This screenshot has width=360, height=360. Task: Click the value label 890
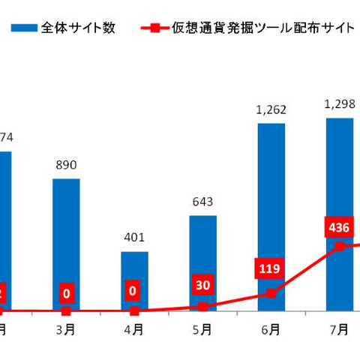(66, 165)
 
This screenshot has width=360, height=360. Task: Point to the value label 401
(134, 238)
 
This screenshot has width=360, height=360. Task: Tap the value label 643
(202, 202)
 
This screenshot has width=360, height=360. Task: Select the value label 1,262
(271, 110)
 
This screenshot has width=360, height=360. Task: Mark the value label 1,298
(339, 104)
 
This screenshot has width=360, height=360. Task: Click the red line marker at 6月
(271, 293)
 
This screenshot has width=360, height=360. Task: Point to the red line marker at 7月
(339, 246)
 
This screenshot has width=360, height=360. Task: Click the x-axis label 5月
(202, 328)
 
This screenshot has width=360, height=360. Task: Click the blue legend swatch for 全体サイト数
(24, 30)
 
